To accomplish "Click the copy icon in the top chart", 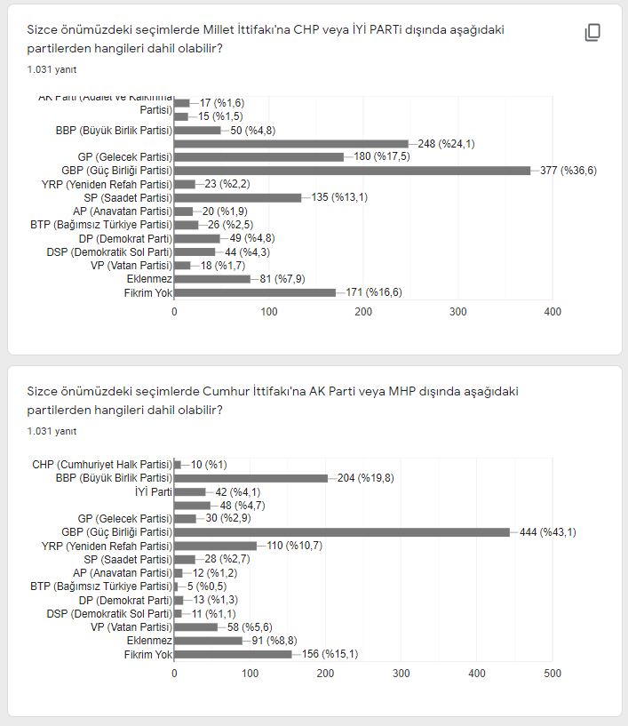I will point(592,33).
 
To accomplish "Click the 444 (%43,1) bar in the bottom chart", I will point(342,532).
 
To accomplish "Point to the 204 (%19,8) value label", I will point(365,478).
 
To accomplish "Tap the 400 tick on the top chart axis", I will point(552,312).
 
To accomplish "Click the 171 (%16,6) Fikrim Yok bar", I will point(255,292).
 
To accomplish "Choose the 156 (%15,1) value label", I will point(329,655).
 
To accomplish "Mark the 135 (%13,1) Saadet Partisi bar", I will point(238,197).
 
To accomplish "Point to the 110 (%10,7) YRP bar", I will point(215,546).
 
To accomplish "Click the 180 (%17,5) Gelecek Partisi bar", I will point(259,157).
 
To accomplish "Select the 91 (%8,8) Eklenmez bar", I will point(208,641).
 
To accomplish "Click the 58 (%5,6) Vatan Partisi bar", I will point(195,627).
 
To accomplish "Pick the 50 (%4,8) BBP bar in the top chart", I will point(197,131).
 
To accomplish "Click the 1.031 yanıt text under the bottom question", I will point(52,431).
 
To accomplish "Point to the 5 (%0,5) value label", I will point(209,586).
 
